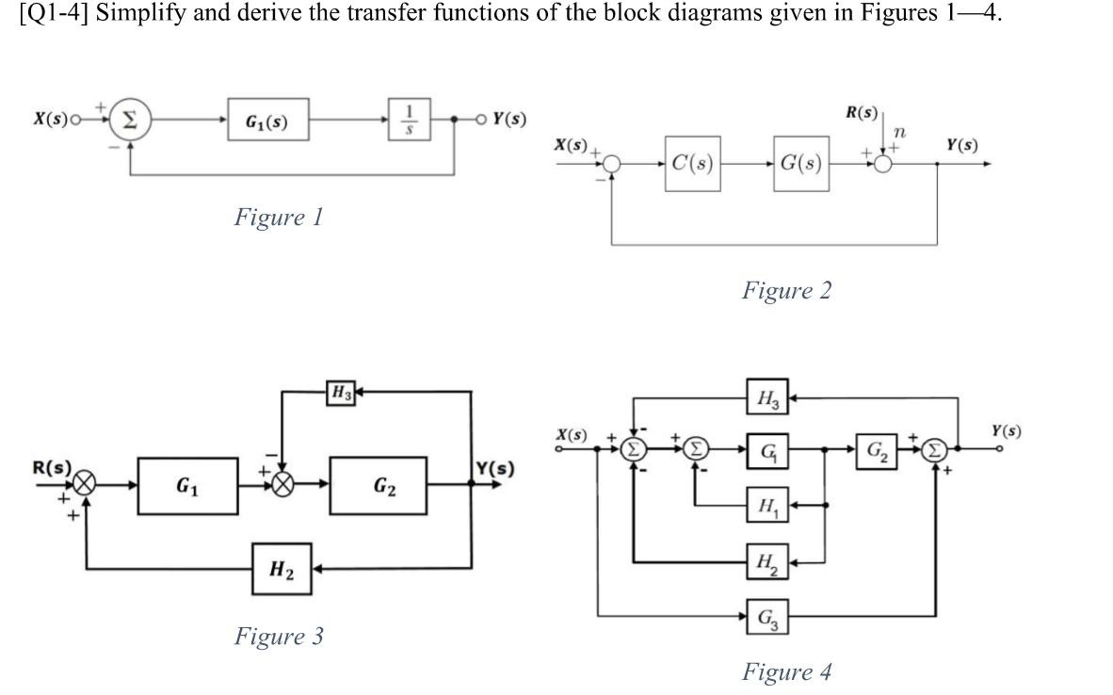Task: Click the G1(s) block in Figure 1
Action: point(266,121)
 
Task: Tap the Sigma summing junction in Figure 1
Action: point(131,120)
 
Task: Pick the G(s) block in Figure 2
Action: point(801,164)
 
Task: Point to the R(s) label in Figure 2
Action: point(861,114)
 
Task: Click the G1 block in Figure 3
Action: point(187,486)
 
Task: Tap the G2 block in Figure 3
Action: point(382,486)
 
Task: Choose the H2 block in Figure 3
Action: point(282,569)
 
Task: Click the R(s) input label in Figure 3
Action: point(52,468)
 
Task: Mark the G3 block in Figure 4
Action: point(767,618)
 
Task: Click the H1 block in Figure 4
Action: point(767,505)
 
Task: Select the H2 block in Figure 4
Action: point(767,562)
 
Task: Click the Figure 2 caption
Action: point(786,290)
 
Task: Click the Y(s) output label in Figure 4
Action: point(1005,431)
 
